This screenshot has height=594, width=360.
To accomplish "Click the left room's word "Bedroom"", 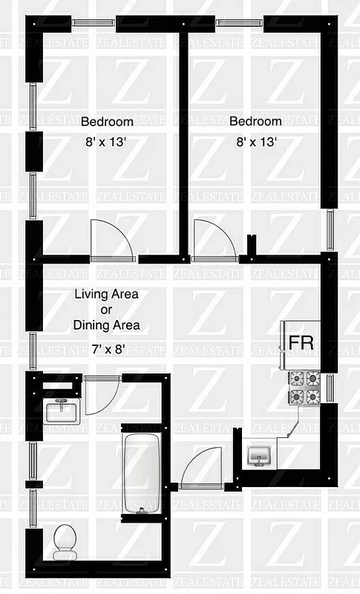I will coord(107,122).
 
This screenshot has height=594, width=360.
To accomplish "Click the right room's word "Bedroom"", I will coord(255,121).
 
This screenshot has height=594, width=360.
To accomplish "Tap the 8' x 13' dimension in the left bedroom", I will coord(107,143).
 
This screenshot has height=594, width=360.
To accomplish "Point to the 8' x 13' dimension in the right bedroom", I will coord(255,143).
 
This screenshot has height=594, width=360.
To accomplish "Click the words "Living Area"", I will coord(106,294).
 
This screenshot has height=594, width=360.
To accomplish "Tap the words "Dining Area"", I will coord(106,325).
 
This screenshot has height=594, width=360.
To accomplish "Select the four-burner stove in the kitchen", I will coord(304,388).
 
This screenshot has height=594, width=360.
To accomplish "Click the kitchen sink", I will coord(259,456).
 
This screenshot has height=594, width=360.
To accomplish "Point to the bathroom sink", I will coord(61,411).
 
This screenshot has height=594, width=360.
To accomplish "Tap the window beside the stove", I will coord(332,388).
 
